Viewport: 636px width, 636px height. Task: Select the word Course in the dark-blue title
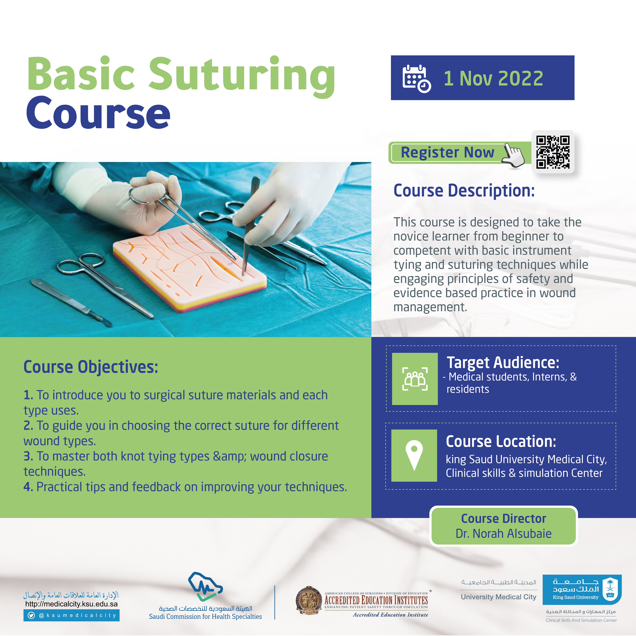coord(98,113)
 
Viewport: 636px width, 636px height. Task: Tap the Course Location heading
coord(501,441)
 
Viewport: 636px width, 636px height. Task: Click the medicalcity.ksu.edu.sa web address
coord(71,604)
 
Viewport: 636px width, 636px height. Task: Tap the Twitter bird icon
coord(31,615)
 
